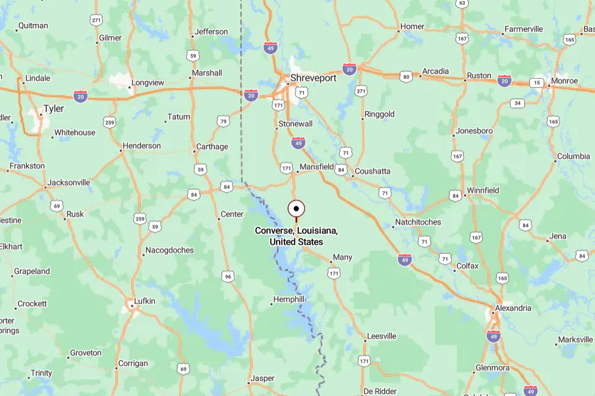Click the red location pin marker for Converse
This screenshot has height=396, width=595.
coord(296,209)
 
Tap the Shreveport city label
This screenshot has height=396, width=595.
coord(313,78)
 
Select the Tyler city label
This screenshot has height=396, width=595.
coord(54,109)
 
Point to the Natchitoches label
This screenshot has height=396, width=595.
coord(418,222)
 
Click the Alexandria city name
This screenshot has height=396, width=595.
coord(514,308)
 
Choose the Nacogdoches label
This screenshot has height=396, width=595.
coord(169,250)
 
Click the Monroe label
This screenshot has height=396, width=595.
coord(564,81)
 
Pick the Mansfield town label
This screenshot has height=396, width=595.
coord(317,167)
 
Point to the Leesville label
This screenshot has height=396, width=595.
coord(382,336)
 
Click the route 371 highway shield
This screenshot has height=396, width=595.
coord(361,91)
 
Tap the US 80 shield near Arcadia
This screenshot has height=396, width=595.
coord(406,77)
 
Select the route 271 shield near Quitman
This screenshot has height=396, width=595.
coord(96,20)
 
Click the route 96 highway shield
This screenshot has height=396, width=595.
coord(227,277)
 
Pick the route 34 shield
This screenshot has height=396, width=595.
coord(518,103)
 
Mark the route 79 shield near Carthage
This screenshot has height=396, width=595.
coord(223,121)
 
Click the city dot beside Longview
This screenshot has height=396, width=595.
coord(129,87)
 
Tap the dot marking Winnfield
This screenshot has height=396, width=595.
coord(465,195)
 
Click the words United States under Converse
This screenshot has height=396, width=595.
coord(296,242)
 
